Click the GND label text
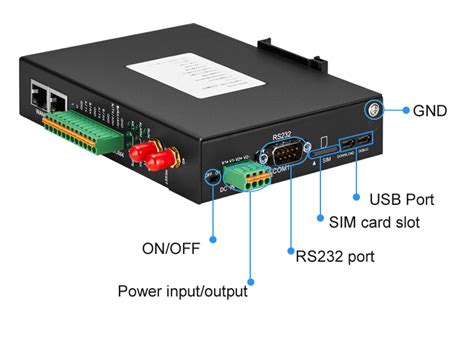point(433,110)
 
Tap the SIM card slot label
point(375,222)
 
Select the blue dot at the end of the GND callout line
point(405,111)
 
